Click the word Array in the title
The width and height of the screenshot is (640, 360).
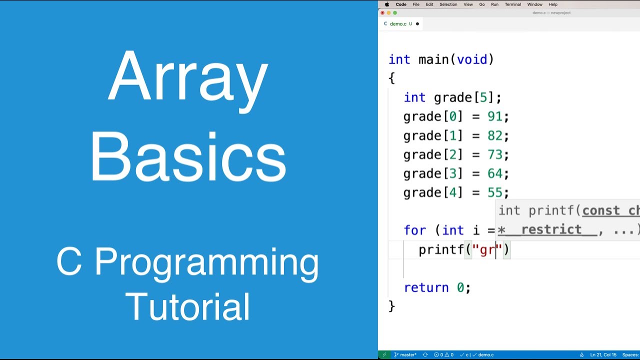[188, 76]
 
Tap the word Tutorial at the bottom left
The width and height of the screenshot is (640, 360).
[188, 306]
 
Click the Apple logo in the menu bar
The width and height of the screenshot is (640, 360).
[386, 4]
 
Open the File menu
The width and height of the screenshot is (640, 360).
[416, 4]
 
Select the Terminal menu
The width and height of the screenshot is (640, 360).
[512, 4]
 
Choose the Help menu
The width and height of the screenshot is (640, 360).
[553, 4]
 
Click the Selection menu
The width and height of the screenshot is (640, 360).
[448, 4]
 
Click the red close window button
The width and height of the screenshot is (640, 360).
[382, 13]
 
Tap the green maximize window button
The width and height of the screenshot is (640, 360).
[395, 13]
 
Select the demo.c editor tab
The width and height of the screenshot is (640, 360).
[398, 23]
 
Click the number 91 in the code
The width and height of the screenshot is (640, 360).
[494, 116]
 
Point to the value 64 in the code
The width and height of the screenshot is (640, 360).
[494, 173]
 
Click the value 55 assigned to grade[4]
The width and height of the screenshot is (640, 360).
[494, 192]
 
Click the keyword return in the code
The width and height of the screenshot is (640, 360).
[426, 287]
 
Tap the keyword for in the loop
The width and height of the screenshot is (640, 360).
[415, 230]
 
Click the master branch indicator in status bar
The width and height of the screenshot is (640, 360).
[405, 354]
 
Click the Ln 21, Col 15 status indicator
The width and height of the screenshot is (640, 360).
[603, 354]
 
